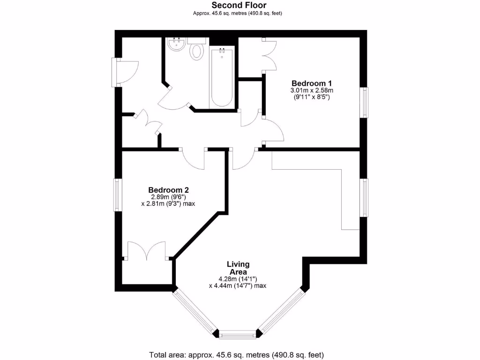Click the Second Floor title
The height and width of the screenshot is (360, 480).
[239, 5]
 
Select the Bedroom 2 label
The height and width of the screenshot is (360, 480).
[168, 190]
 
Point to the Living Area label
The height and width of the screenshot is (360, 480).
[239, 268]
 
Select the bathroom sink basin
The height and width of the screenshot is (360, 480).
[177, 45]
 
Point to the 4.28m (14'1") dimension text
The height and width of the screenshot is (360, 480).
[238, 279]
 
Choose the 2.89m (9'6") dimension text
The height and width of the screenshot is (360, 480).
[168, 197]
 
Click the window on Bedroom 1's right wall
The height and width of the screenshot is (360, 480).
[364, 102]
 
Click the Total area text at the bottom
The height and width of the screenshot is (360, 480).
[236, 354]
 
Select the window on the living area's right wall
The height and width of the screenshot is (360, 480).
[364, 197]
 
